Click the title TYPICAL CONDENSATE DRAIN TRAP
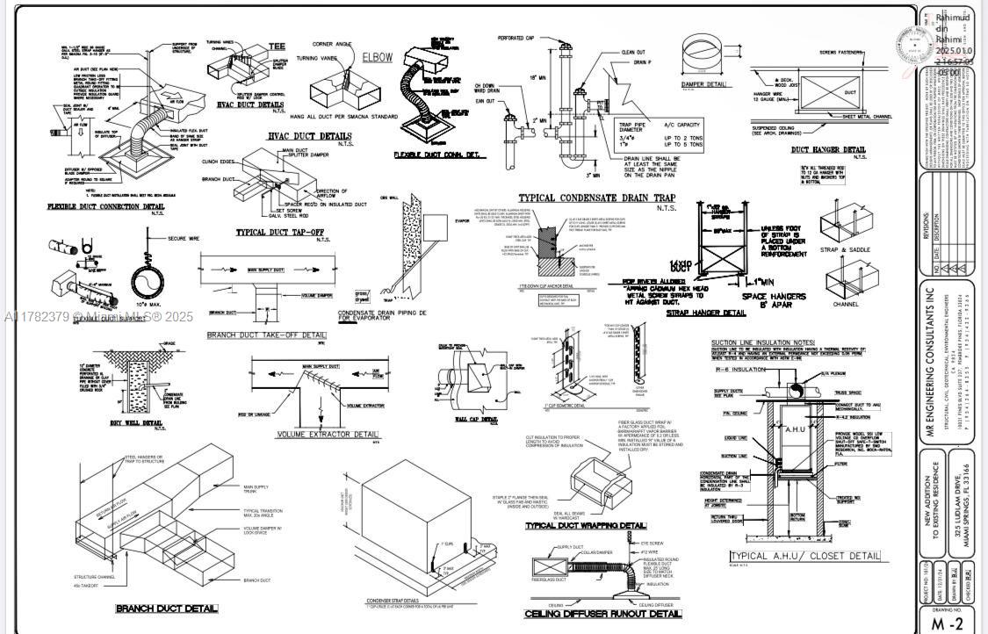click(x=596, y=198)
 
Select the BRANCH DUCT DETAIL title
click(x=167, y=609)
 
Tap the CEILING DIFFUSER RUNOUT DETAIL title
click(x=602, y=614)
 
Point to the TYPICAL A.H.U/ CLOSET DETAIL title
click(x=804, y=556)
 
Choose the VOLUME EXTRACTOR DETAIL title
click(x=328, y=435)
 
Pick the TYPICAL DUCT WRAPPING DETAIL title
click(x=586, y=526)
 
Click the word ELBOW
click(x=378, y=58)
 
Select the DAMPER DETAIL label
click(x=704, y=85)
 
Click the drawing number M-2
click(x=947, y=623)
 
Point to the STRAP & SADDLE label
click(x=846, y=250)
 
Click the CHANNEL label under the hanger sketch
click(x=846, y=305)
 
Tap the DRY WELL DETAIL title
click(x=136, y=423)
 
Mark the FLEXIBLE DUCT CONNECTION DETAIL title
click(x=105, y=207)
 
